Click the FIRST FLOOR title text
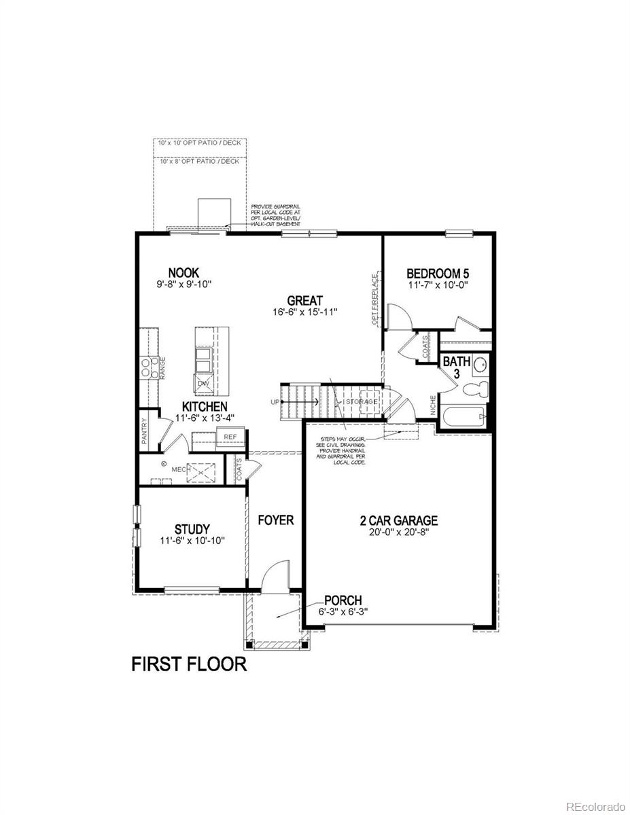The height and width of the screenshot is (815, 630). coord(189,664)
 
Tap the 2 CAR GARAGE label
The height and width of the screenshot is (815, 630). coord(399,521)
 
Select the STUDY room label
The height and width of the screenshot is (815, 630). coord(192,529)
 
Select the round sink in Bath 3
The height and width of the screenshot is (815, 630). coord(480,363)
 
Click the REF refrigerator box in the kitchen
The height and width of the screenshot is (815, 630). coord(230,437)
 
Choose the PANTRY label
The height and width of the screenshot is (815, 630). coord(145,431)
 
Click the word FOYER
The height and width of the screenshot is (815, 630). coord(275,520)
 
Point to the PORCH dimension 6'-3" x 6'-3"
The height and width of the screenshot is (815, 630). coord(343,611)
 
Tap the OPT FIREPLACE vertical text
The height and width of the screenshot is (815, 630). coord(374,299)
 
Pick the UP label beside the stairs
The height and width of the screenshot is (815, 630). coord(275,402)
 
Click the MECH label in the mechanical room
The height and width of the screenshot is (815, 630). coord(179,469)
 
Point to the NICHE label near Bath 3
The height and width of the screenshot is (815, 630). coord(433,405)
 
